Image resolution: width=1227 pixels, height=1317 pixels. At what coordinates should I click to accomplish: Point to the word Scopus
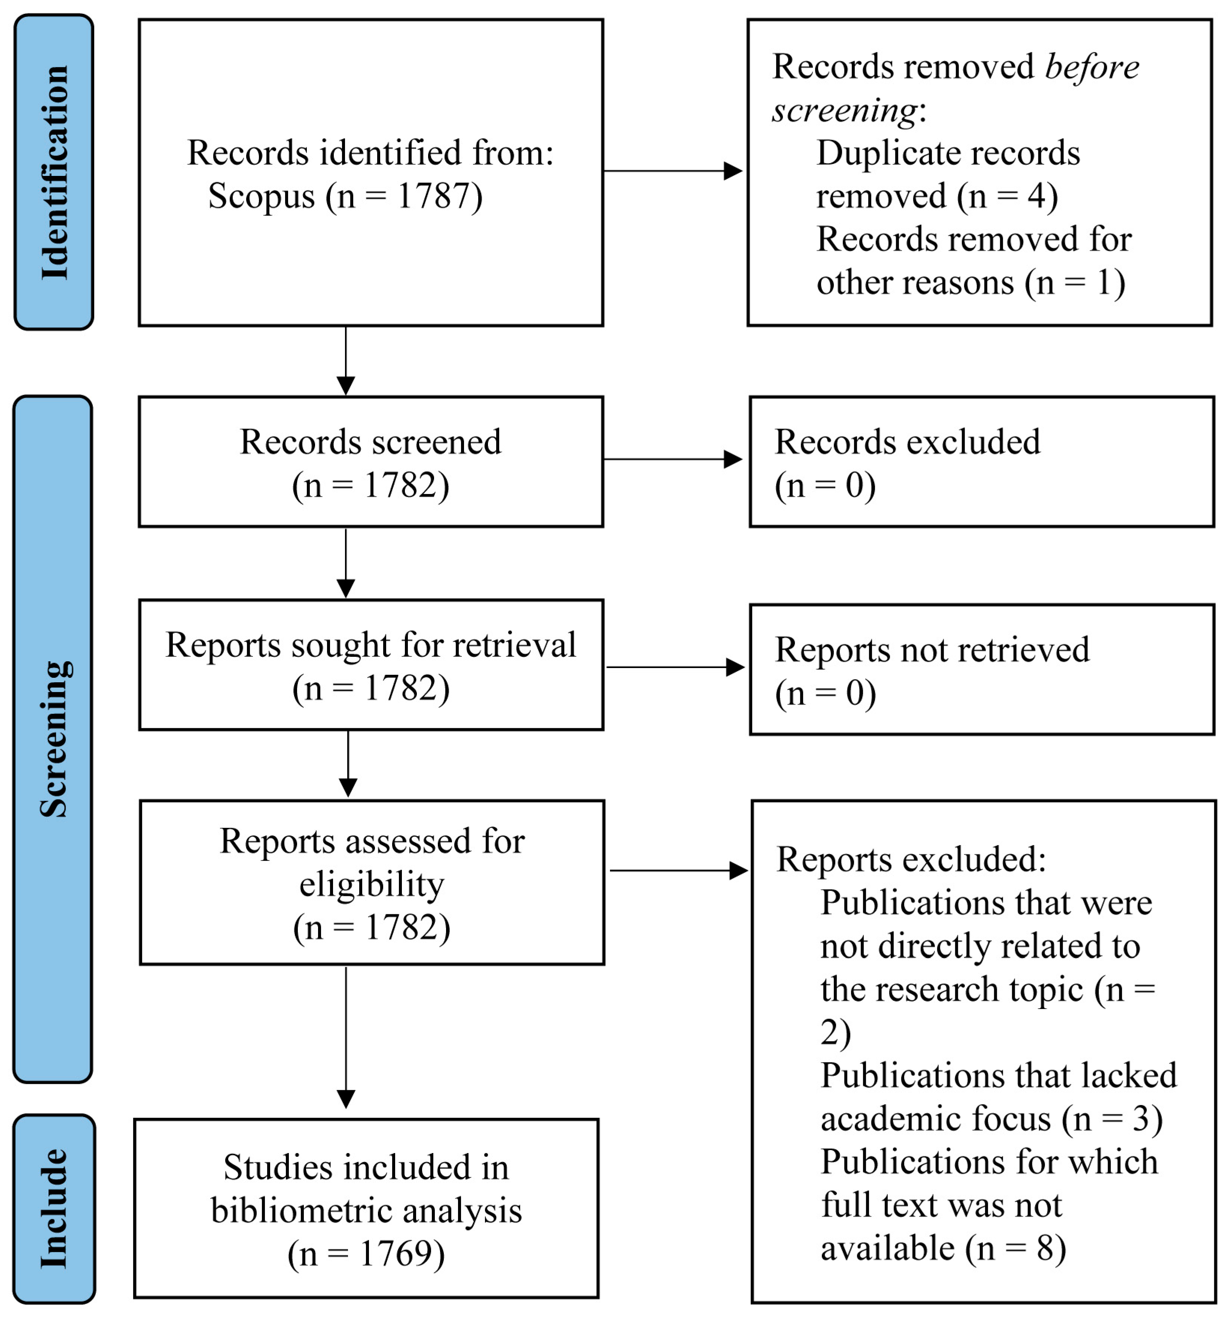(x=262, y=197)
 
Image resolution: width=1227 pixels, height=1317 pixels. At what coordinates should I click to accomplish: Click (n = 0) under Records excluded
(x=825, y=485)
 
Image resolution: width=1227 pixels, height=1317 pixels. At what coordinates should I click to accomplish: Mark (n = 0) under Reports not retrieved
(x=826, y=693)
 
